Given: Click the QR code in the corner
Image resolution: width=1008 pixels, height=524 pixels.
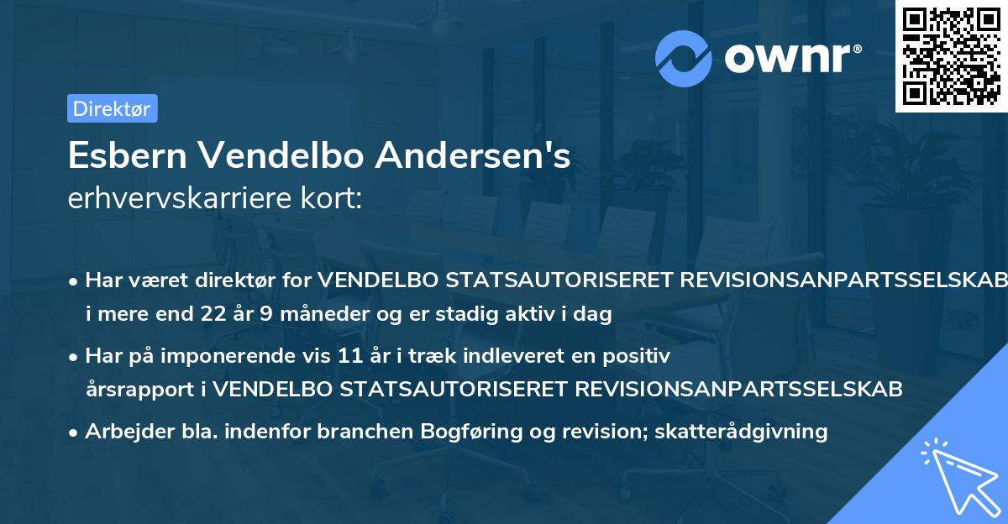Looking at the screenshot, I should [x=951, y=56].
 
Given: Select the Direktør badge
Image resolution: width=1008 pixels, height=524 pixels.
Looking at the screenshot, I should [x=112, y=108].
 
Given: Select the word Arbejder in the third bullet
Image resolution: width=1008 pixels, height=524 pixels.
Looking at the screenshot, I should [x=121, y=432].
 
